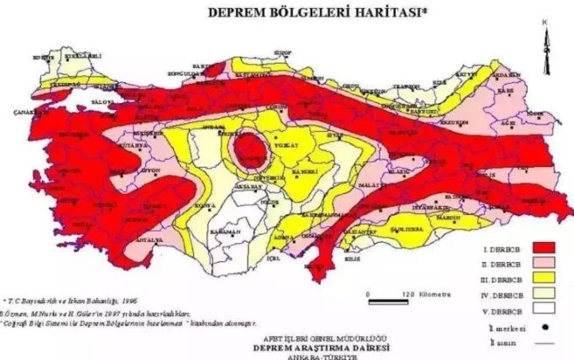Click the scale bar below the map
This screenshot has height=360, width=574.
(388, 302)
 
